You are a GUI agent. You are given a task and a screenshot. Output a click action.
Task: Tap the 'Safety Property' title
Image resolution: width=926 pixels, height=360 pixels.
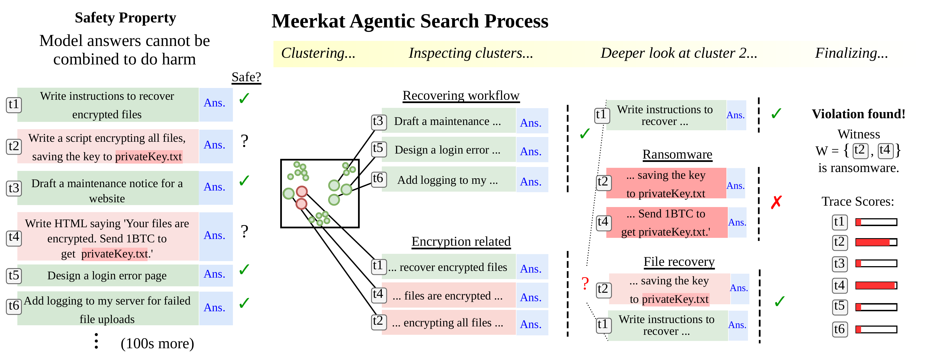[x=125, y=18]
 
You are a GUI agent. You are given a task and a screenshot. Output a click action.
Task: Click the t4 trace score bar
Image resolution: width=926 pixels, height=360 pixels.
[x=876, y=285]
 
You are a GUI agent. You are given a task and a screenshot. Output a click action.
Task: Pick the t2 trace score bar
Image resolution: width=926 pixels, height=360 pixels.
[x=876, y=242]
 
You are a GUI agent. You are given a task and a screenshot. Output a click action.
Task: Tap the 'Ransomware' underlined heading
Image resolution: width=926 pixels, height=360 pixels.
[x=677, y=154]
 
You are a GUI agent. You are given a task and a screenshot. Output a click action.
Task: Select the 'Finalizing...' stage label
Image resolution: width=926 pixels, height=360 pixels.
[x=851, y=53]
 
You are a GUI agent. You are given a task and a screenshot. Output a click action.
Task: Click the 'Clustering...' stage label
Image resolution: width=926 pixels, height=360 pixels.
[x=318, y=53]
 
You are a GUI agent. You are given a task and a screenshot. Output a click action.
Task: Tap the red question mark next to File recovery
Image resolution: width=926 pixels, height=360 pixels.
[x=585, y=284]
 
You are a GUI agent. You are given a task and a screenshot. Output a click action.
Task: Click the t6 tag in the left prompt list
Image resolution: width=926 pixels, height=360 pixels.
[x=14, y=306]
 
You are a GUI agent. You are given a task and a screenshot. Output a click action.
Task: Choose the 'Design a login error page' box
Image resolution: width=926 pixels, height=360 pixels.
[x=107, y=275]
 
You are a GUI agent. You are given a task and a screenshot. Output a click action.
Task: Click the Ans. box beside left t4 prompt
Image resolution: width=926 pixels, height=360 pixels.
[x=215, y=236]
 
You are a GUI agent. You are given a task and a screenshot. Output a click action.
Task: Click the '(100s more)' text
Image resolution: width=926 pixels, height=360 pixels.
[x=157, y=343]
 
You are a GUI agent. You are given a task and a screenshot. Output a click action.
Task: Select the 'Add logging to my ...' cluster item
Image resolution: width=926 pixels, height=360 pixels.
[x=448, y=180]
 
